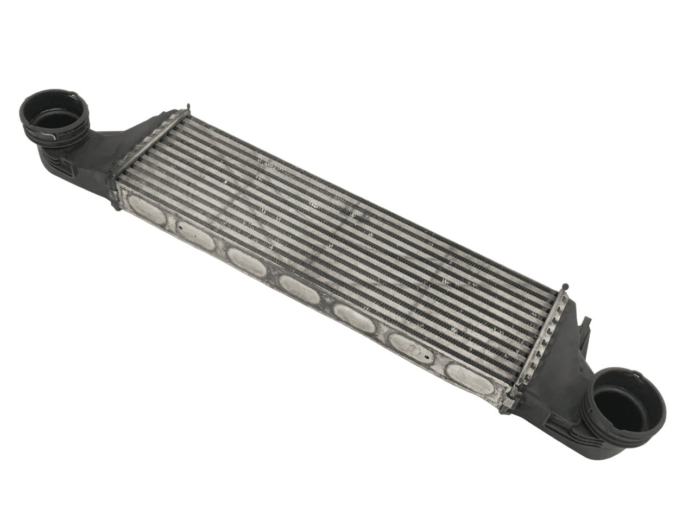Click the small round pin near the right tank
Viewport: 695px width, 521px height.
click(x=566, y=284)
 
